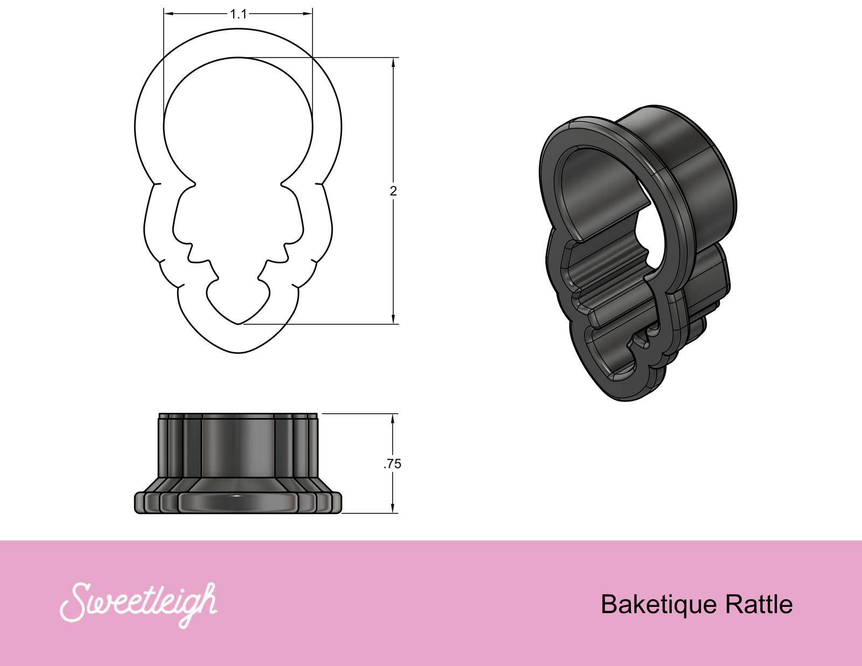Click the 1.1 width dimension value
coord(238,14)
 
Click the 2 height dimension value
coord(393,191)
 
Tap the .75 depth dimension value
coord(393,464)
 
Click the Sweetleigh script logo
coord(139,603)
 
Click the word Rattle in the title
coord(759,605)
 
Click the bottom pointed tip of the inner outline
coord(238,324)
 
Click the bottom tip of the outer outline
coord(238,353)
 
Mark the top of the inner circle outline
coord(238,58)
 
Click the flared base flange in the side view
coord(238,501)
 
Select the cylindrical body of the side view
coord(238,447)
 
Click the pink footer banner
coord(431,641)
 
